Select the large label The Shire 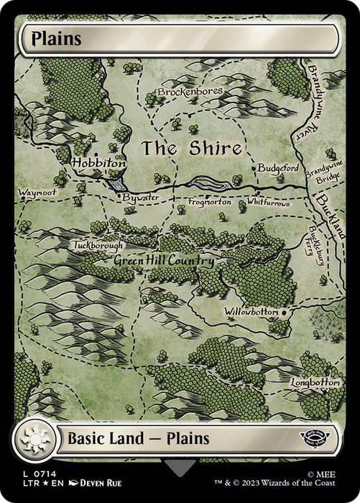click(190, 149)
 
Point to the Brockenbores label click(190, 92)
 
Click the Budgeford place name click(277, 167)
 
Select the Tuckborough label click(98, 245)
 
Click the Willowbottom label click(251, 313)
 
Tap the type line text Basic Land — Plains click(139, 438)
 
